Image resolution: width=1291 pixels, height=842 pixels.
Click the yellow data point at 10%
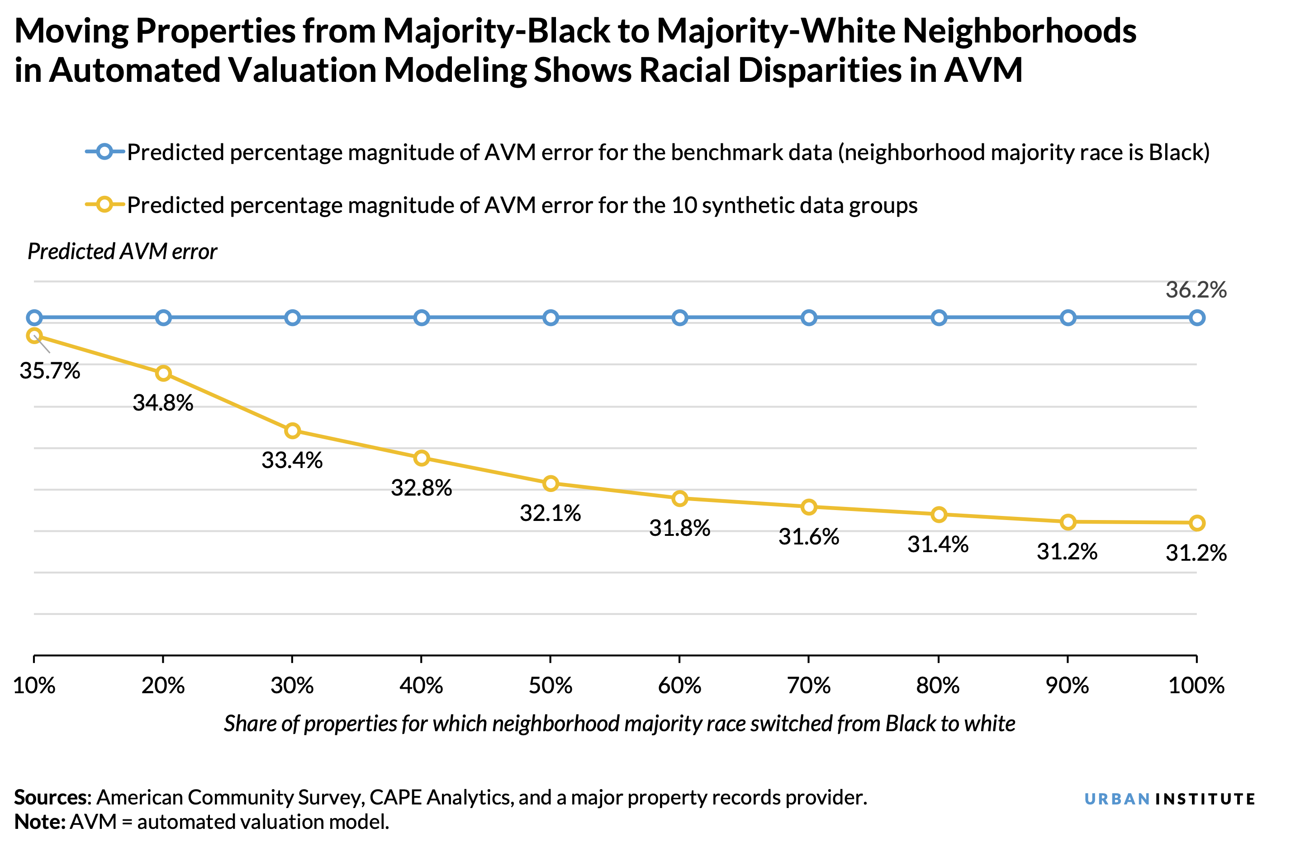click(x=34, y=336)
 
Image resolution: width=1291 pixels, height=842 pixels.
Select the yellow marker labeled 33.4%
click(x=292, y=431)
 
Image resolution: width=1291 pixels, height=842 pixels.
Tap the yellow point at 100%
click(x=1196, y=523)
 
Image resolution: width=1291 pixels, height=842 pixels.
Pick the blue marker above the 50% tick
click(x=551, y=318)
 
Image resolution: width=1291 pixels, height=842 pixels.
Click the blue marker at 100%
click(x=1196, y=318)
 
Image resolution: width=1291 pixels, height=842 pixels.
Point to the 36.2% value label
click(x=1196, y=290)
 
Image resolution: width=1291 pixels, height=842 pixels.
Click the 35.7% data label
click(x=49, y=371)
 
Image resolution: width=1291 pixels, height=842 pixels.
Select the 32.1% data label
click(x=550, y=513)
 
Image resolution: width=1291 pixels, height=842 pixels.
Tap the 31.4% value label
click(x=938, y=544)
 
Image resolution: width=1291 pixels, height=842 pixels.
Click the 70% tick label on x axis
click(x=808, y=686)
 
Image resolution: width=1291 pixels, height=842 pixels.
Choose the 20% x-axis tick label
click(x=163, y=686)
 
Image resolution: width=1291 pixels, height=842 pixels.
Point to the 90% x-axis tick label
click(x=1067, y=686)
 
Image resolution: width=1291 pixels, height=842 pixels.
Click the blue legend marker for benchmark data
click(x=104, y=152)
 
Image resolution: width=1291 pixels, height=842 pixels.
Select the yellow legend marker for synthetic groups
click(x=104, y=205)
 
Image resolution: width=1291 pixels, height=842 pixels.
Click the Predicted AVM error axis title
click(x=122, y=251)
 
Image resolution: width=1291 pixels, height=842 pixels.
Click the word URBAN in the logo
click(x=1117, y=799)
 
